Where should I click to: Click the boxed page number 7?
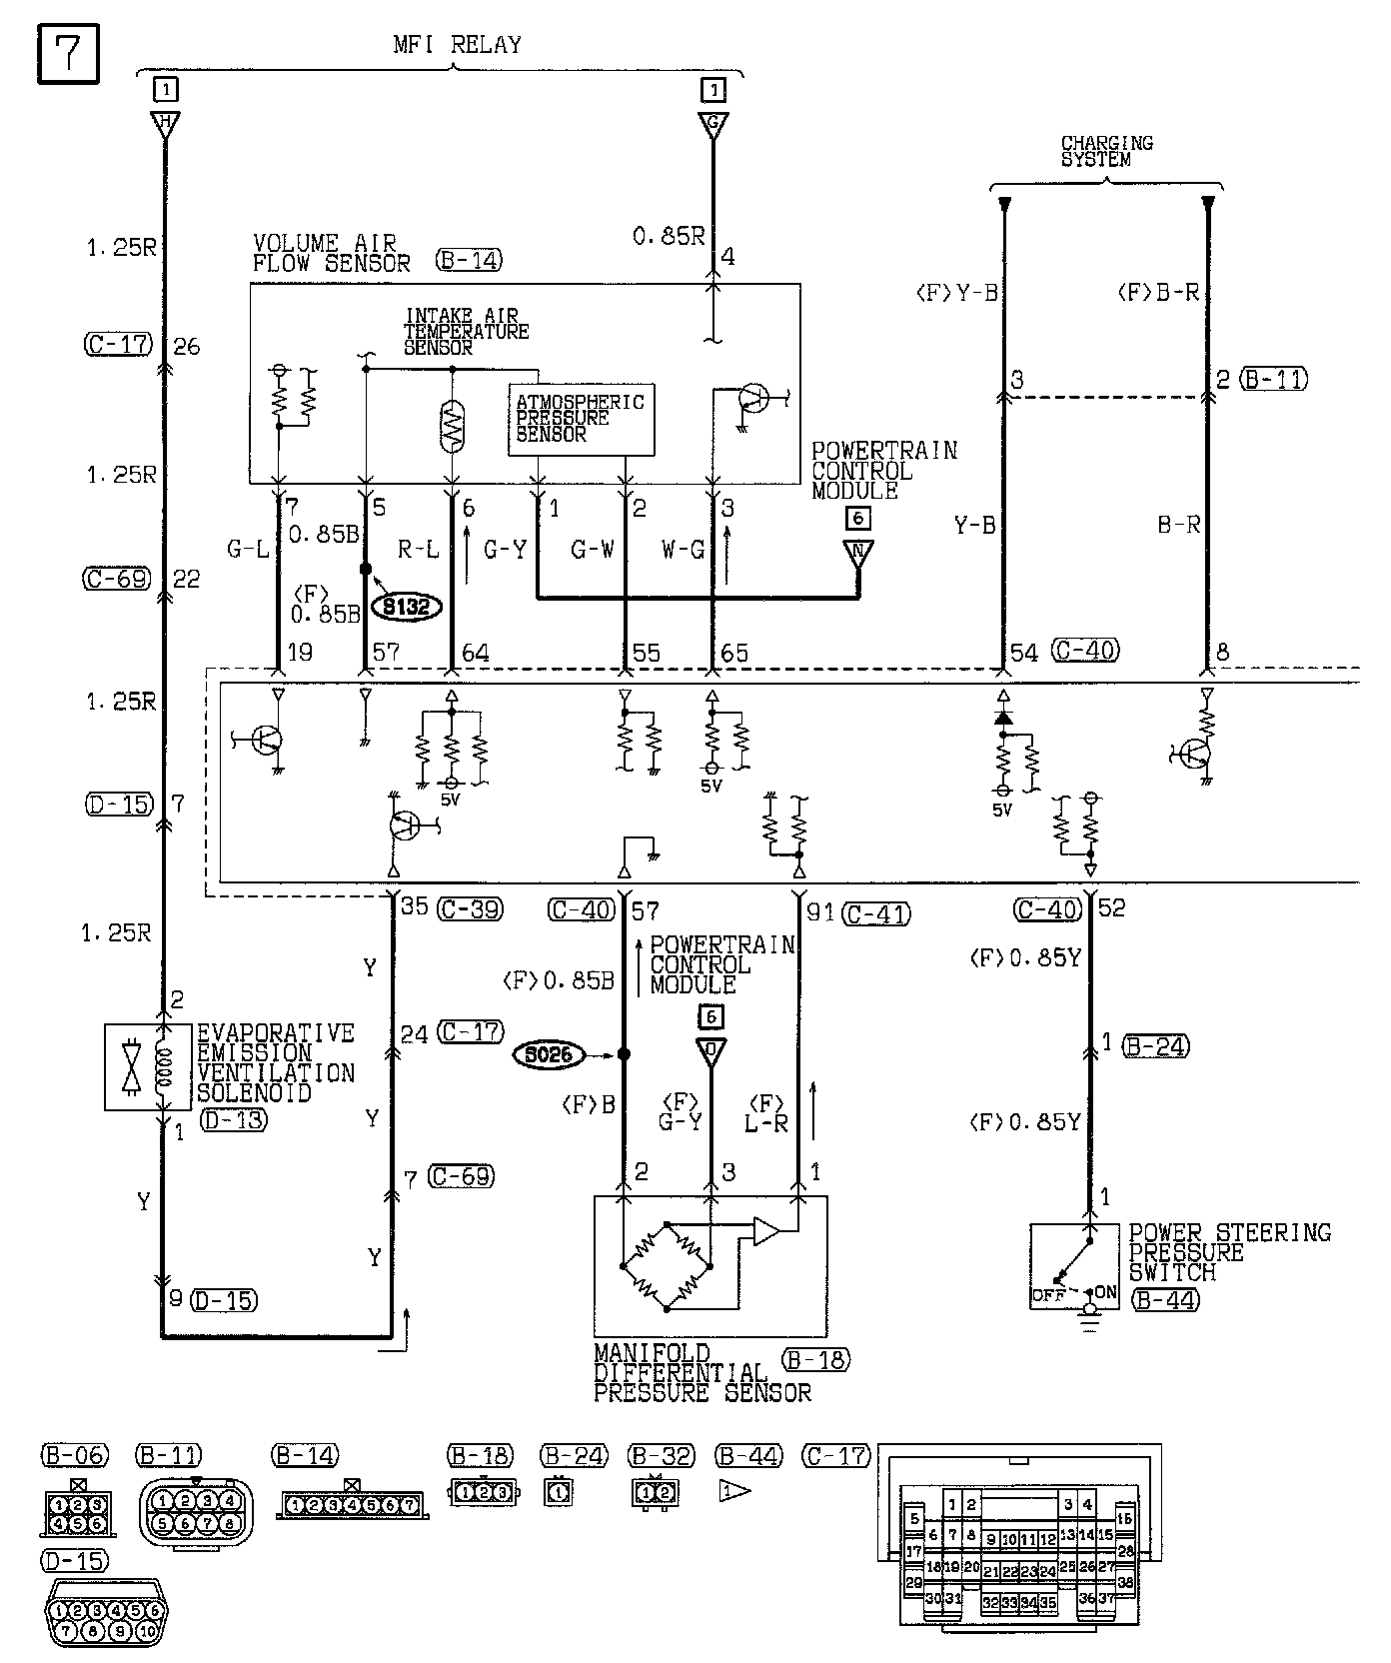(x=68, y=53)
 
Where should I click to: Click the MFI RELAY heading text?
(x=457, y=45)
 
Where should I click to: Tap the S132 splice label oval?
(x=406, y=607)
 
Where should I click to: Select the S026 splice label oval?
(x=548, y=1053)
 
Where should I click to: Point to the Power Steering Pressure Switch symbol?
(x=1075, y=1266)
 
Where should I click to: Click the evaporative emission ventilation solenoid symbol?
(x=147, y=1067)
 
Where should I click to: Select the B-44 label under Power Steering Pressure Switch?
(x=1166, y=1299)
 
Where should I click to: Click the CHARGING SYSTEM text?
(x=1106, y=151)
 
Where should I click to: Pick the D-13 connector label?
(x=233, y=1119)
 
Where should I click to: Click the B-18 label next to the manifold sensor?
(x=815, y=1359)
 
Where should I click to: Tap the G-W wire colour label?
(x=592, y=549)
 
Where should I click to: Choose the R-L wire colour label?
(x=419, y=549)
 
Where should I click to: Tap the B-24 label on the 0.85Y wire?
(x=1155, y=1046)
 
